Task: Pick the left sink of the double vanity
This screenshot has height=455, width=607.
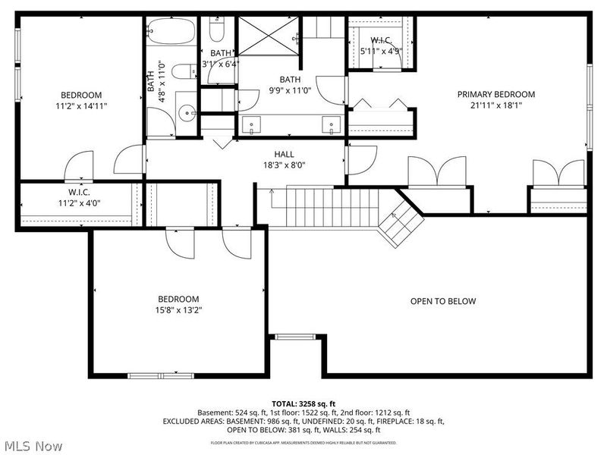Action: click(253, 124)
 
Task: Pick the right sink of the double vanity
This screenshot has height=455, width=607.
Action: click(329, 124)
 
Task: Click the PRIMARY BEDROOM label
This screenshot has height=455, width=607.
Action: click(495, 95)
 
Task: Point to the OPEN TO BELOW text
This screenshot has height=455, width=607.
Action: click(443, 301)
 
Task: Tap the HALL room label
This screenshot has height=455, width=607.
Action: click(284, 154)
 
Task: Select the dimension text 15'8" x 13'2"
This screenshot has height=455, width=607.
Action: click(178, 309)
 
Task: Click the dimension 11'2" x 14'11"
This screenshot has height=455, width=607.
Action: click(81, 106)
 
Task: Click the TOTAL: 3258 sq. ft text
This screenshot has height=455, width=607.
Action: click(303, 403)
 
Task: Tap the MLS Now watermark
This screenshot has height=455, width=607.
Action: click(34, 446)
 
